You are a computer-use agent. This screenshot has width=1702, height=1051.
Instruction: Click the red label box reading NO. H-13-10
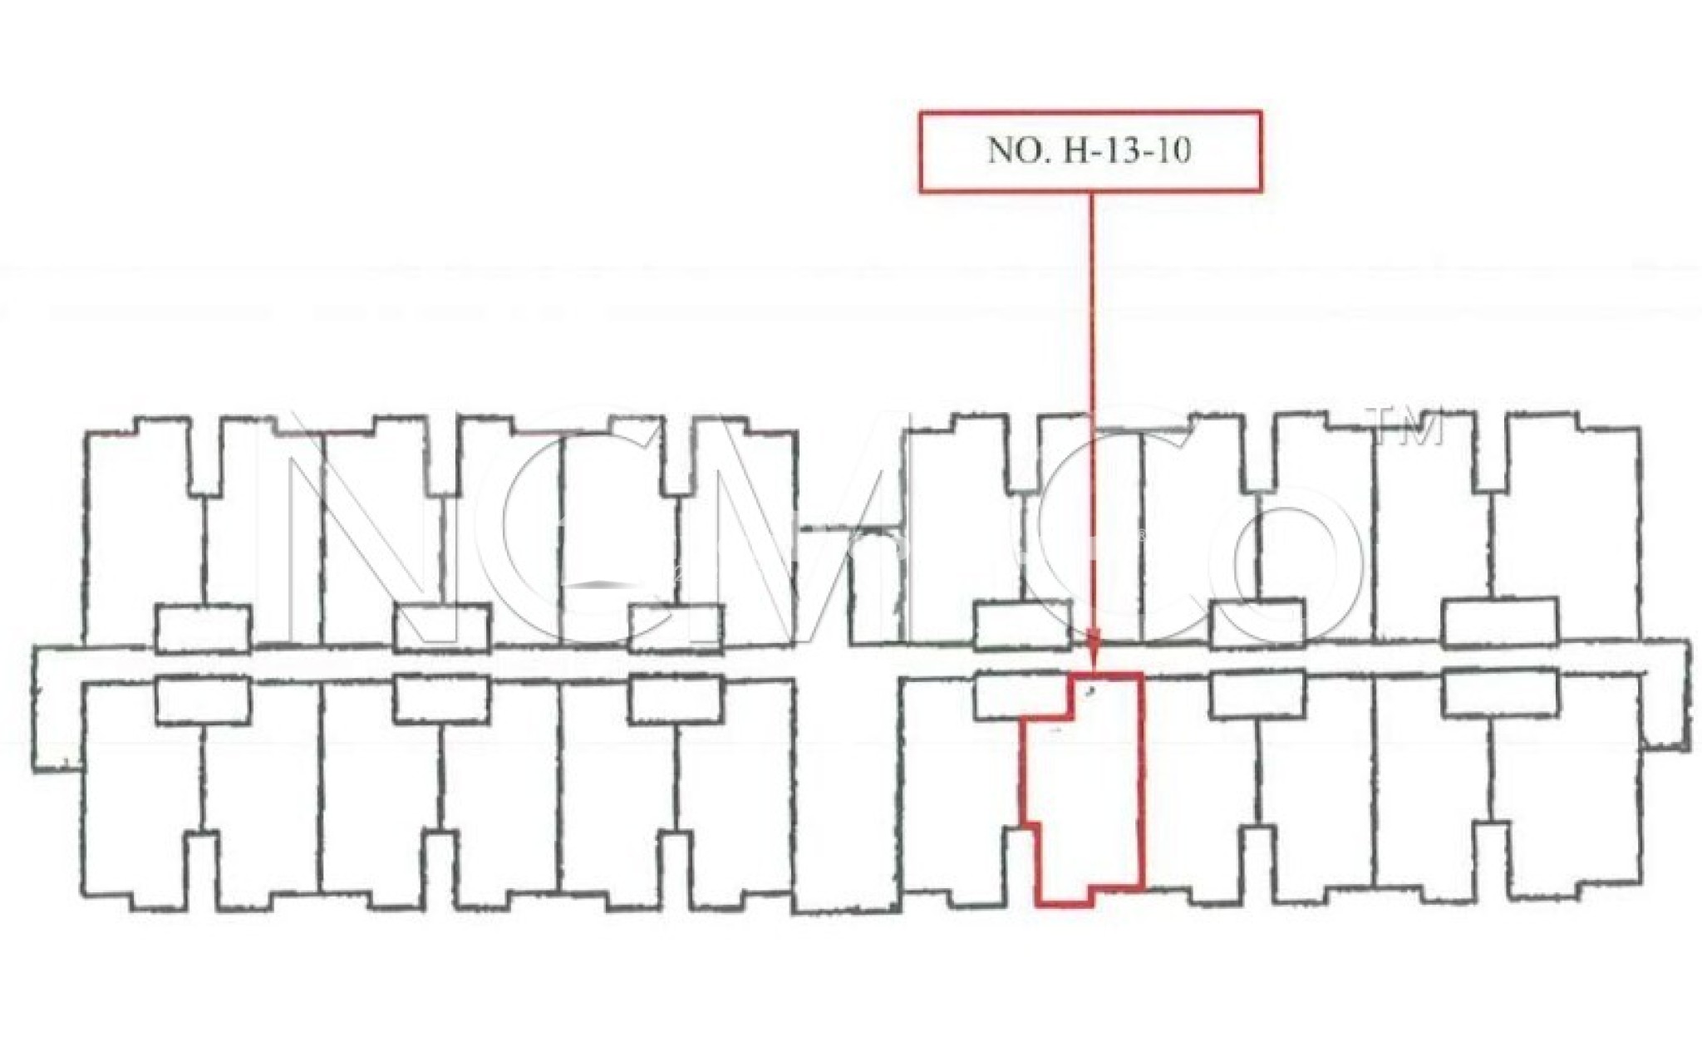point(1090,152)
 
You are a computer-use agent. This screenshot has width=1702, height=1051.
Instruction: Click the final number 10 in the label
point(1173,151)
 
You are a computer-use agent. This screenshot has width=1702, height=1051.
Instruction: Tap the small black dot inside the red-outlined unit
point(1090,690)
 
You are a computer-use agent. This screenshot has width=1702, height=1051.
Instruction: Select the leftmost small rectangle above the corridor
point(203,629)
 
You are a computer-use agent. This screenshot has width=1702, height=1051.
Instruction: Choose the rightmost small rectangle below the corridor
point(1500,692)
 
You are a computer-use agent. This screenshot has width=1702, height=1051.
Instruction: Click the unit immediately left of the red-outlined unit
point(964,789)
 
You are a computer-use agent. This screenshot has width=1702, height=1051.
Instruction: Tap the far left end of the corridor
point(35,709)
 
